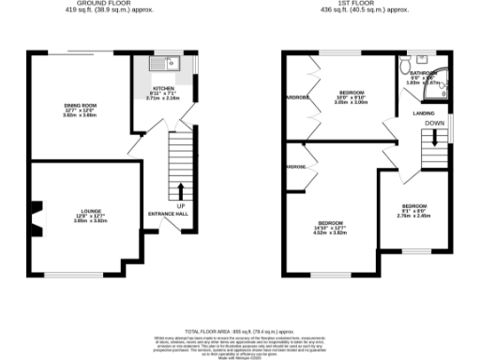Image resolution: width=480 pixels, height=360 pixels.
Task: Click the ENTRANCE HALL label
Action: coord(169,214)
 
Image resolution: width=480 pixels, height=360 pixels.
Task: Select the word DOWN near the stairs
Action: coord(434,123)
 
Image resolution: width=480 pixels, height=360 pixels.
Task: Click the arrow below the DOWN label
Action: coord(434,137)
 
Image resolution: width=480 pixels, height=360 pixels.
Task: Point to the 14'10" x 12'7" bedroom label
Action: coord(328,225)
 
